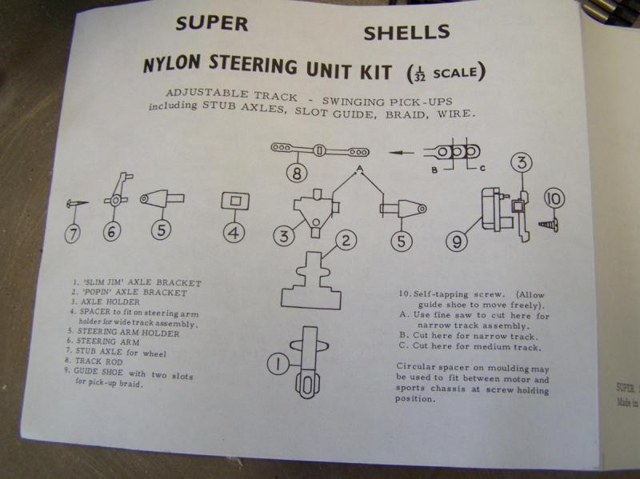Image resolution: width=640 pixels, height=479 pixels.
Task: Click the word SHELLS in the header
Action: pos(406,33)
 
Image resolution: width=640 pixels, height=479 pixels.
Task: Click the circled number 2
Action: pos(345,240)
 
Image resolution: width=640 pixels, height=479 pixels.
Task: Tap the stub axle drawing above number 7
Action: pos(73,204)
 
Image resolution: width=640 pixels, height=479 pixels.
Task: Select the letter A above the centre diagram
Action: pos(360,167)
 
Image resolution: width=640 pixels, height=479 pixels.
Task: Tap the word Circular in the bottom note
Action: pos(418,369)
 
